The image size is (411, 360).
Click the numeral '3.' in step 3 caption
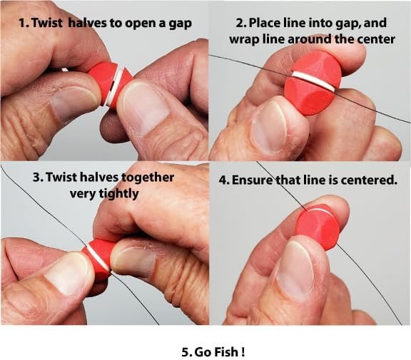point(38,178)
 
